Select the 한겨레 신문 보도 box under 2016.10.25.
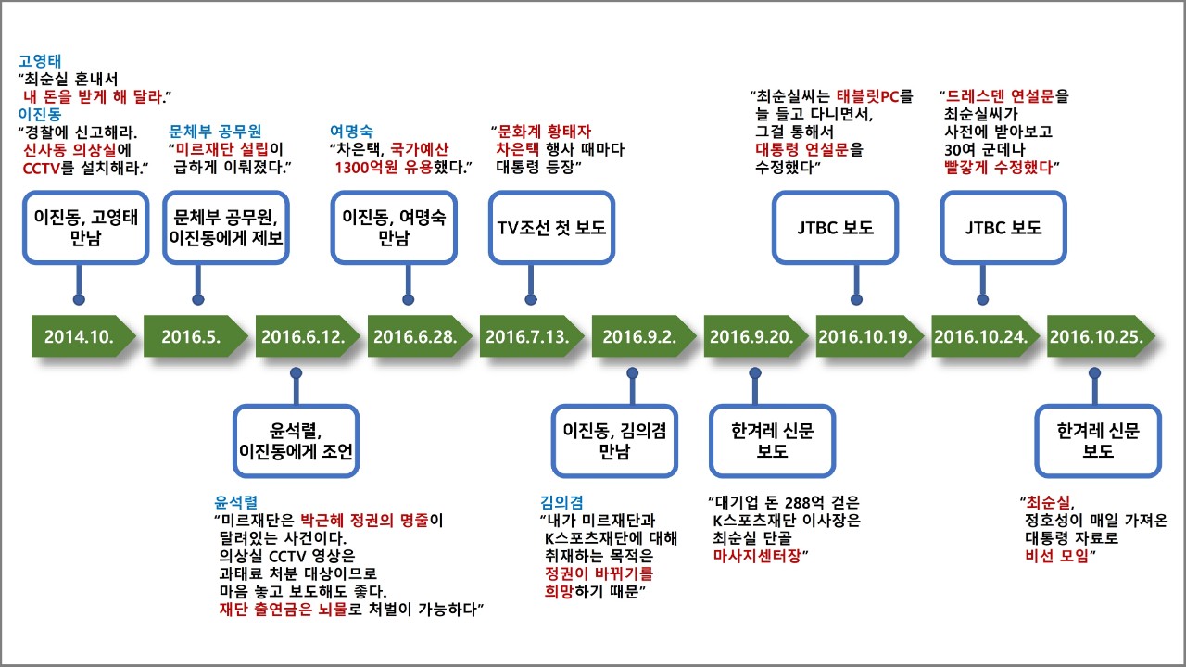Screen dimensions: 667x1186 coord(1098,440)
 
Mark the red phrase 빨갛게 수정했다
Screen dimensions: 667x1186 coord(999,167)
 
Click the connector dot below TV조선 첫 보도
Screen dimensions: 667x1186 coord(532,299)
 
